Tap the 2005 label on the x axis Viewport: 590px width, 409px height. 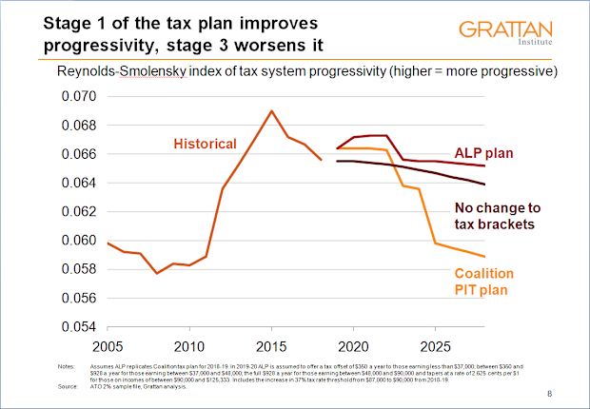pos(107,344)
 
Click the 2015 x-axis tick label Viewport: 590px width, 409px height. pos(271,344)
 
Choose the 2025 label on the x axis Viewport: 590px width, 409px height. pos(436,344)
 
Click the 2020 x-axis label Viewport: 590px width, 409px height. pos(354,344)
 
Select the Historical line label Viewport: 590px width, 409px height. pos(204,144)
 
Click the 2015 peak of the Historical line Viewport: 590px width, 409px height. pos(272,110)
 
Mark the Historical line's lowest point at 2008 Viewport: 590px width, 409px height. pos(157,274)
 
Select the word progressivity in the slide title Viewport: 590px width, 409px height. pos(104,46)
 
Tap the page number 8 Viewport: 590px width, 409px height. pos(550,393)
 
